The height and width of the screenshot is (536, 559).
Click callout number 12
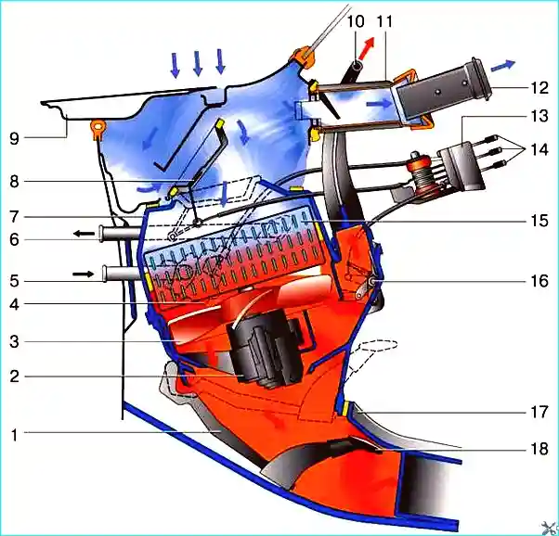539,88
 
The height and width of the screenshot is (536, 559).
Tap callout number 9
14,138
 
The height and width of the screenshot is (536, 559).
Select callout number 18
539,449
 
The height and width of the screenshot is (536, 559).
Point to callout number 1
14,435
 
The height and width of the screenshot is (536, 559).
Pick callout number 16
539,281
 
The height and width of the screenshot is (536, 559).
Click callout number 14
539,149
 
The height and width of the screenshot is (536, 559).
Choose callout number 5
14,281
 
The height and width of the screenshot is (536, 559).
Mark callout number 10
356,21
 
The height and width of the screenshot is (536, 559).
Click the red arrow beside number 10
368,47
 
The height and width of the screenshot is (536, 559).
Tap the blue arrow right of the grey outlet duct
503,66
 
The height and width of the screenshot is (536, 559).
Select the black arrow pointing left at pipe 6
84,234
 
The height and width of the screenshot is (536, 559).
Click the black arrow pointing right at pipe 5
83,274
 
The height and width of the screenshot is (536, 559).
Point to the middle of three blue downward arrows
197,63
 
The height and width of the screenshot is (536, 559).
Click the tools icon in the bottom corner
550,529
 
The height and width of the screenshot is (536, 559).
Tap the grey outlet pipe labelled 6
120,234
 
